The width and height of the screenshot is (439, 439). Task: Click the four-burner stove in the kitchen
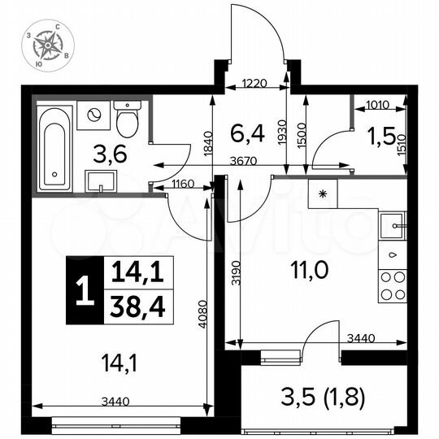coord(393,286)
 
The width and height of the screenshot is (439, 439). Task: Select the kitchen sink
coord(394,223)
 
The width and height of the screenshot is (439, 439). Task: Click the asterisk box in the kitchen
coord(323,193)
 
